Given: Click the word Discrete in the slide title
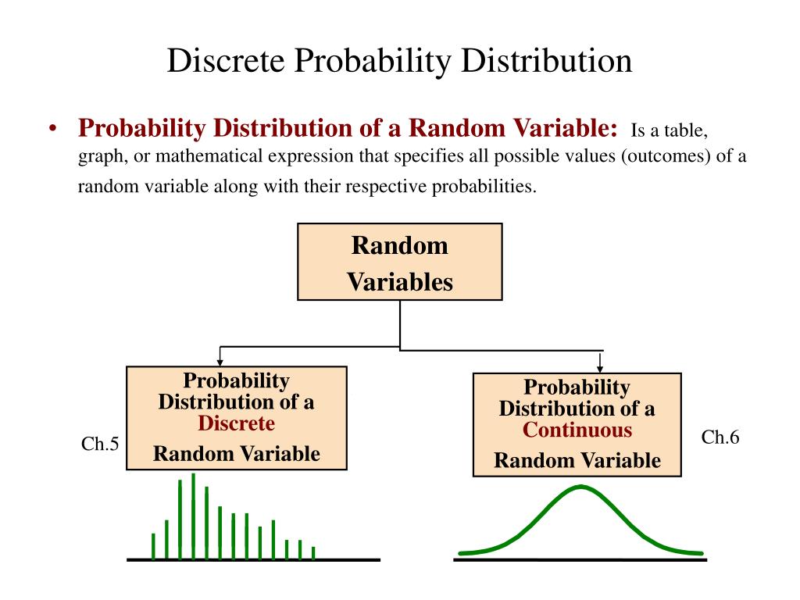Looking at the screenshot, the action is (226, 61).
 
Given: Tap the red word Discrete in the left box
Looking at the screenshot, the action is (236, 423).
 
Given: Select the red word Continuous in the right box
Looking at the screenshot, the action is (577, 430).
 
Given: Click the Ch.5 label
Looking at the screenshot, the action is (100, 444).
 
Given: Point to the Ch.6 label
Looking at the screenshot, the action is (720, 437).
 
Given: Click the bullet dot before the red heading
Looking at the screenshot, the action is (52, 129).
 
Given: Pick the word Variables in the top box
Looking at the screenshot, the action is (400, 282).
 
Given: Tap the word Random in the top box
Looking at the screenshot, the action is (400, 245).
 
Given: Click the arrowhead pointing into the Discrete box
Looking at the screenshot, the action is (220, 362).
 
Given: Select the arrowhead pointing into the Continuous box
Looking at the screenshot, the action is (600, 369).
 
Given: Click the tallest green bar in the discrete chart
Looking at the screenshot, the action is (194, 516).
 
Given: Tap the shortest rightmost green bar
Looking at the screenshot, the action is (313, 553).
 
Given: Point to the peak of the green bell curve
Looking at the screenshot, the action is (580, 487).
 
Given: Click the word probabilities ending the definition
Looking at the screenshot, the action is (484, 186).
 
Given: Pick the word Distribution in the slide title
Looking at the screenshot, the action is (546, 61).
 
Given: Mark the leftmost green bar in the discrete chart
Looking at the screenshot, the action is (153, 546).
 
